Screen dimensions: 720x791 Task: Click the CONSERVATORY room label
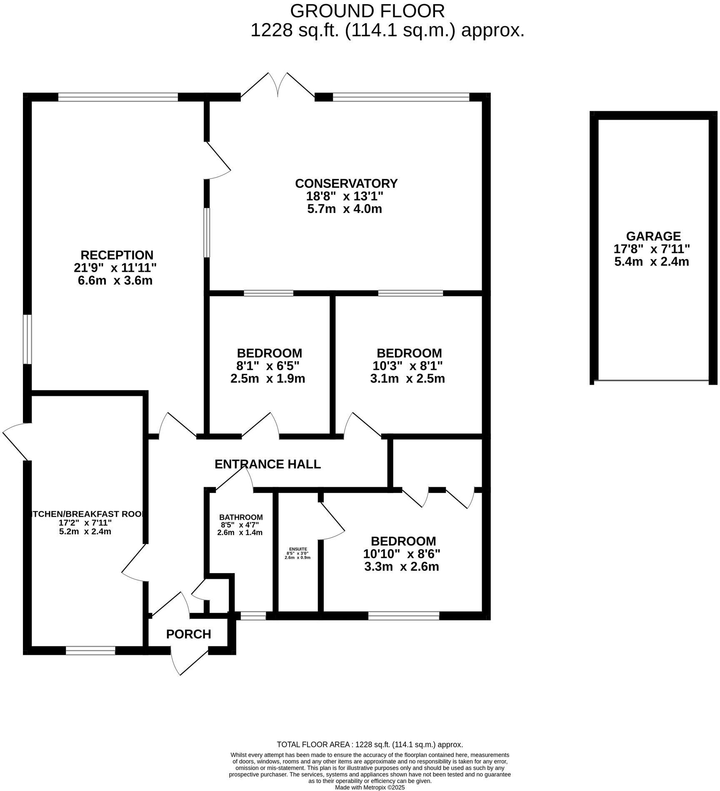pyautogui.click(x=346, y=183)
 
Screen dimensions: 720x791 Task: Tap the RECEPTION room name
pyautogui.click(x=117, y=255)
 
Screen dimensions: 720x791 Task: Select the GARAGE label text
pyautogui.click(x=653, y=236)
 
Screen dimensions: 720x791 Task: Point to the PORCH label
pyautogui.click(x=188, y=634)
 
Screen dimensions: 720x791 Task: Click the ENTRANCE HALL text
pyautogui.click(x=267, y=464)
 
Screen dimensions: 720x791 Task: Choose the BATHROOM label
pyautogui.click(x=241, y=517)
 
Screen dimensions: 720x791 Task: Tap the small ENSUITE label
pyautogui.click(x=298, y=549)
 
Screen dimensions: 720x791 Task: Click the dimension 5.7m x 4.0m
pyautogui.click(x=345, y=209)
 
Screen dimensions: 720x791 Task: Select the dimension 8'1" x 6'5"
pyautogui.click(x=268, y=366)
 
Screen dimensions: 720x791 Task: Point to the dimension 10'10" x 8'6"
pyautogui.click(x=402, y=554)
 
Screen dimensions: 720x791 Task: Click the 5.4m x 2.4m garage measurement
pyautogui.click(x=652, y=262)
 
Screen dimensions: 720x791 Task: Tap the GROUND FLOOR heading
pyautogui.click(x=367, y=11)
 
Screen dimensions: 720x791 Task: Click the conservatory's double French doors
pyautogui.click(x=277, y=88)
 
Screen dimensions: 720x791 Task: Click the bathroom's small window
pyautogui.click(x=253, y=616)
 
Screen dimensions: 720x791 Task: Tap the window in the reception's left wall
pyautogui.click(x=27, y=339)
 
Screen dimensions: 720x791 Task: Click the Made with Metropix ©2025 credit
pyautogui.click(x=370, y=787)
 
